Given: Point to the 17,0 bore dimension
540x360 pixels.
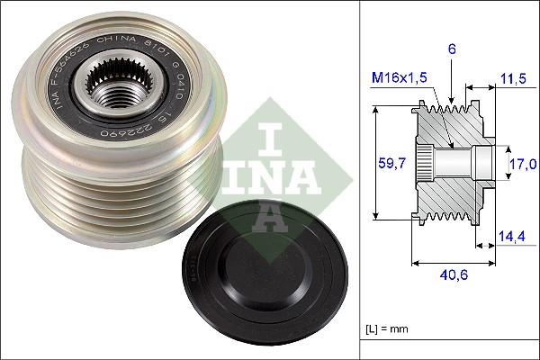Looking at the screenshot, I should (522, 163).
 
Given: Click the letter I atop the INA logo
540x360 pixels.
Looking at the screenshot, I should (272, 137).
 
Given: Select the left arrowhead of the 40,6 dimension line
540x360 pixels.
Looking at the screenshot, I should (415, 264).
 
